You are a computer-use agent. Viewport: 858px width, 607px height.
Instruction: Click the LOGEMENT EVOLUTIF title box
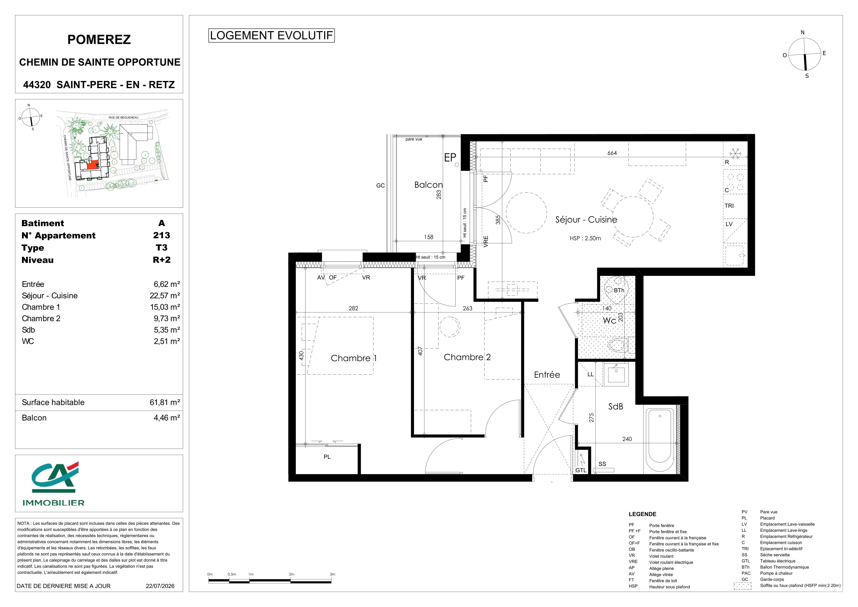point(271,35)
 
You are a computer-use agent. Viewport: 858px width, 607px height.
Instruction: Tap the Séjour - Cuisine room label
point(586,219)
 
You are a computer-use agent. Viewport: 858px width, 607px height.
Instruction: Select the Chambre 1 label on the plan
point(354,358)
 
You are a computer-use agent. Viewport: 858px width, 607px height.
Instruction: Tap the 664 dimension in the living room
point(612,153)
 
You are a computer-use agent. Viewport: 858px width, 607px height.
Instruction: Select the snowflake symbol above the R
point(735,153)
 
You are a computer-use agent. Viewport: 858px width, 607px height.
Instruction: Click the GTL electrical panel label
point(581,470)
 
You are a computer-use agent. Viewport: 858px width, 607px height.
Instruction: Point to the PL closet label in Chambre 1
point(327,457)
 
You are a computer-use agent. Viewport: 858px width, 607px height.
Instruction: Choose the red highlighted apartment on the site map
point(93,164)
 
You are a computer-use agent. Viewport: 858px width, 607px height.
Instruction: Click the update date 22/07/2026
point(160,586)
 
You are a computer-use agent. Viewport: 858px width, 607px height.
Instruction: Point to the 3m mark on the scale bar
point(332,574)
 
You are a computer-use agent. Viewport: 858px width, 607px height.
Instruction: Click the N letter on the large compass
point(803,33)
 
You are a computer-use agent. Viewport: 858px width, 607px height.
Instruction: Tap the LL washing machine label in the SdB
point(590,374)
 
